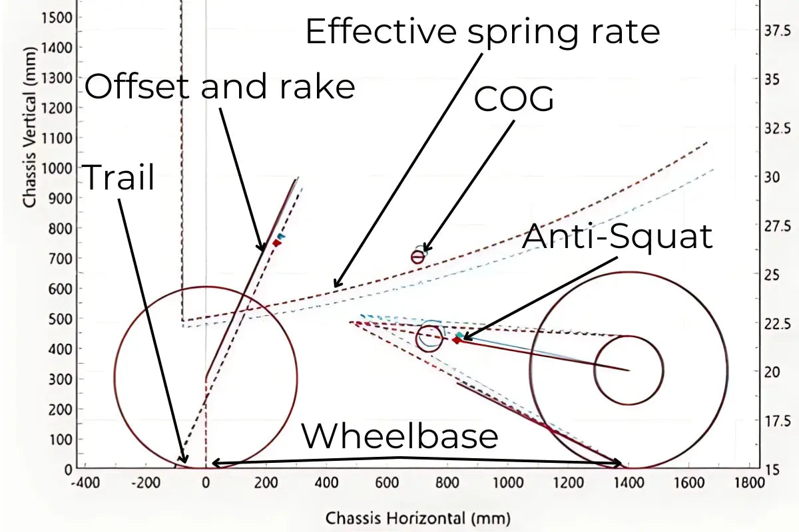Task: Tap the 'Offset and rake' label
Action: (220, 86)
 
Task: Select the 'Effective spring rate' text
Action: (482, 31)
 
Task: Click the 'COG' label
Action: (513, 100)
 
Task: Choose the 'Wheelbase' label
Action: (400, 437)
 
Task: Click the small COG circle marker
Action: (418, 257)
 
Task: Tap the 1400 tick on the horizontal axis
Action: (629, 481)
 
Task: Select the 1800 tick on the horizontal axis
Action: (749, 481)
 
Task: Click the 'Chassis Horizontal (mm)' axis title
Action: (417, 517)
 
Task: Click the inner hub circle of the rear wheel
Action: (629, 370)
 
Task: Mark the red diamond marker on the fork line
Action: (276, 243)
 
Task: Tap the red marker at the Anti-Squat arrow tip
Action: (456, 340)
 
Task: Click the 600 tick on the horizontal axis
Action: (387, 481)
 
